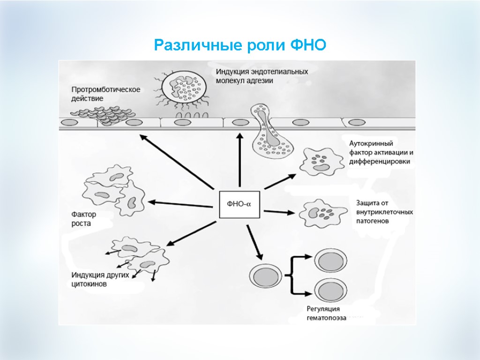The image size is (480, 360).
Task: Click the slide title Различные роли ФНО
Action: [240, 45]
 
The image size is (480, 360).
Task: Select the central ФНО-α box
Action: [239, 204]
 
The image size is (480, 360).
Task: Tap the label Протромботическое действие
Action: [105, 94]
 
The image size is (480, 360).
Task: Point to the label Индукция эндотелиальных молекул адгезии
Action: [262, 76]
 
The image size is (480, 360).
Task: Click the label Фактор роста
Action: [83, 219]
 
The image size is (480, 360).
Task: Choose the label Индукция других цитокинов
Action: [100, 279]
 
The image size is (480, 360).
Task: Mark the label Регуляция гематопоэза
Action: [326, 313]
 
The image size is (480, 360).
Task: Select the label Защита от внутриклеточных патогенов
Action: [384, 212]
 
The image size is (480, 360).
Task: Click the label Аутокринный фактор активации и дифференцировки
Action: [381, 152]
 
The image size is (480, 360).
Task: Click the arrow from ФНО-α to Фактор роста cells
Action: [183, 204]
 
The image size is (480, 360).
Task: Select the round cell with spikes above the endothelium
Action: [183, 87]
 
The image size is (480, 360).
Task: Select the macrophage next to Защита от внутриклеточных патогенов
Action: [318, 213]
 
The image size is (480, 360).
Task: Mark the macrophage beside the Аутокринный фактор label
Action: [319, 160]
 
